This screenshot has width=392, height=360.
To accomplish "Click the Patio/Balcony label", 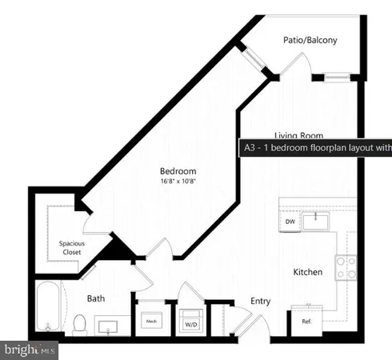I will pos(310,40).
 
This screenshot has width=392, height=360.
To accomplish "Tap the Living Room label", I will pos(298,136).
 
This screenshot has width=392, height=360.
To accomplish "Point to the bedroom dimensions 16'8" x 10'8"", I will pos(178,182).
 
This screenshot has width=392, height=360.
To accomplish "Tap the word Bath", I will pos(96,298).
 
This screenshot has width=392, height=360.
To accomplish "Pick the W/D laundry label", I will pos(192,324).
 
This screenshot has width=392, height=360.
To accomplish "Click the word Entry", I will pos(261,301).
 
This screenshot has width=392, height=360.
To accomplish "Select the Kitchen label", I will pos(308,272).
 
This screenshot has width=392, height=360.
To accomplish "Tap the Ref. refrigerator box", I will pos(306,322).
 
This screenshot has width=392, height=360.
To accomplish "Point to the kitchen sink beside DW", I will pos(321,218).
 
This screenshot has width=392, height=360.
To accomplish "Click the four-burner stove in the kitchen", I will pos(346,267).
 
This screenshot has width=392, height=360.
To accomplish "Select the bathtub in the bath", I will pos(49,308).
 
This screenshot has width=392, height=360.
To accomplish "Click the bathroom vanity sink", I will pos(110,326).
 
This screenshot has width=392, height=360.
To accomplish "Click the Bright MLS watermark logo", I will pos(30,350).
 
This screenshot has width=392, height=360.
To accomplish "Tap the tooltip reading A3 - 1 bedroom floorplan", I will pos(315,147).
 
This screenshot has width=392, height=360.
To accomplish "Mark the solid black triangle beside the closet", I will pos(120,250).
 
